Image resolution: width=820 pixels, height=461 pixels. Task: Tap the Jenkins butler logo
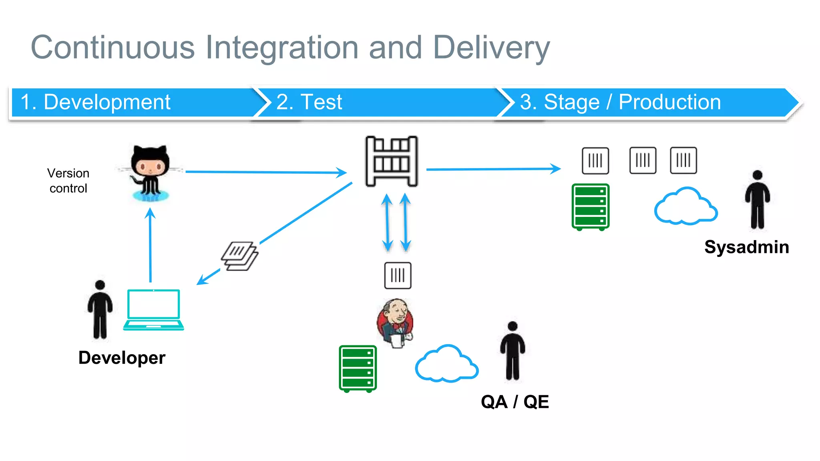(x=395, y=323)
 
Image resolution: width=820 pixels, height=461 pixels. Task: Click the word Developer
(x=122, y=357)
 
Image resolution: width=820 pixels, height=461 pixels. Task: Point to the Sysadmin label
(x=746, y=247)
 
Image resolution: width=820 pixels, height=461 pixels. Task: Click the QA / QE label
(x=515, y=401)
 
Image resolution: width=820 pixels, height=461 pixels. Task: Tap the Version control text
(x=68, y=180)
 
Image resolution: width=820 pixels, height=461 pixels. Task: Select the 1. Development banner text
(x=95, y=102)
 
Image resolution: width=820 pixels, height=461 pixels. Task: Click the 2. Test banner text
(x=309, y=102)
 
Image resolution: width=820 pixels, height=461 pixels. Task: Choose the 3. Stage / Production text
(x=620, y=102)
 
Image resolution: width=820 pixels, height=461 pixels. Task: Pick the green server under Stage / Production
(x=591, y=207)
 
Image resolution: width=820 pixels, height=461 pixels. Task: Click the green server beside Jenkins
(x=358, y=369)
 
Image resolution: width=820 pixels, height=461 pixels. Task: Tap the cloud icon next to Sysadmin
(x=685, y=206)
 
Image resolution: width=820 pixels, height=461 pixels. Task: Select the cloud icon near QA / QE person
(x=446, y=364)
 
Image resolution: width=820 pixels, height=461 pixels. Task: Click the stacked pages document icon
(x=239, y=256)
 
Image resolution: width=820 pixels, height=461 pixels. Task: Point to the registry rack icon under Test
(x=391, y=161)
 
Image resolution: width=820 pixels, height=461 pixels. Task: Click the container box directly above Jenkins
(x=398, y=275)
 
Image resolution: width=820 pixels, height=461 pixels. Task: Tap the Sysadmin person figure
(x=757, y=200)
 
